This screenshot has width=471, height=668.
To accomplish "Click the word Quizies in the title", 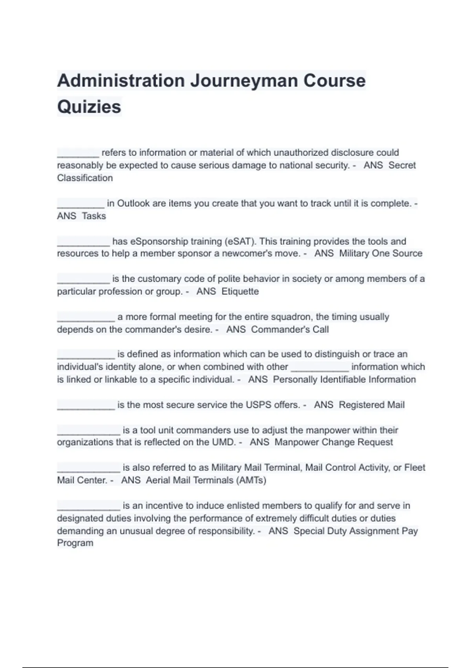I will click(89, 107).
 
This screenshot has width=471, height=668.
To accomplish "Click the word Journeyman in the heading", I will click(243, 81).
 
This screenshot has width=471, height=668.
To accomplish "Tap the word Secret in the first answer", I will click(402, 165).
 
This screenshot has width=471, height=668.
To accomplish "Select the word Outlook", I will click(133, 204).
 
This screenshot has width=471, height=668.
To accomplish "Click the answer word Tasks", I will click(94, 216).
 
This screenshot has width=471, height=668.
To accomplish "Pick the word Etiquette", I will click(240, 292).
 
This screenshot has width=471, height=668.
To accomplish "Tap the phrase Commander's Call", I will click(290, 330).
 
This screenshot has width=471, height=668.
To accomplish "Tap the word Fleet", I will click(414, 468).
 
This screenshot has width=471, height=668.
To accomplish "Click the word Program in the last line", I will click(75, 543).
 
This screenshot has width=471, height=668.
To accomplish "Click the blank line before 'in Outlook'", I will click(80, 204).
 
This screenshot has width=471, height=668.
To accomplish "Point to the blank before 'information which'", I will click(319, 368).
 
